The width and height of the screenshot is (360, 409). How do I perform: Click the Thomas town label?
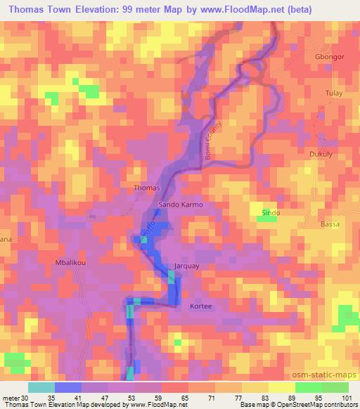pyautogui.click(x=147, y=188)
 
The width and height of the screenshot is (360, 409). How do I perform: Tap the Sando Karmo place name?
pyautogui.click(x=181, y=204)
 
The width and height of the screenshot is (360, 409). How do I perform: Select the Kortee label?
pyautogui.click(x=200, y=306)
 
